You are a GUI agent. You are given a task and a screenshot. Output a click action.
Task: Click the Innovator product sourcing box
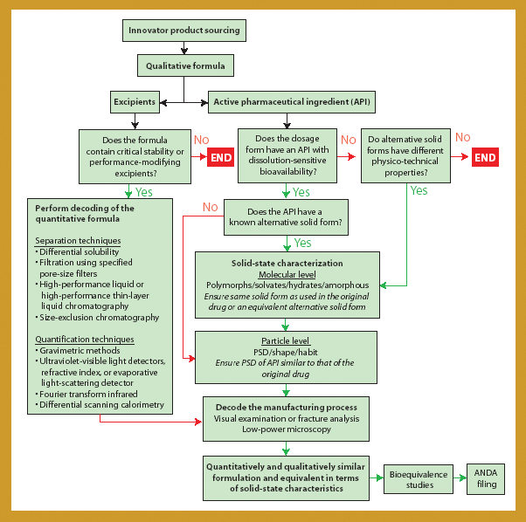pos(183,30)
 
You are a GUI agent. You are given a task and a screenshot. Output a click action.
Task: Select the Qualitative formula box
pos(185,65)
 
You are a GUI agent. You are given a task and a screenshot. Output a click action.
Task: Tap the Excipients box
pos(135,102)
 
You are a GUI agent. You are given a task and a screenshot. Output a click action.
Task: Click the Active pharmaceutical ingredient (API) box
pos(291,102)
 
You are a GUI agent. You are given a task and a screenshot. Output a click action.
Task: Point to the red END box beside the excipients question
pos(220,157)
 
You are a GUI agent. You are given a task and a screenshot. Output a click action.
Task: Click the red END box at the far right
pos(484,157)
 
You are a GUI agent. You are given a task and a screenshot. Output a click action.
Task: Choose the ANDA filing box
pos(485,479)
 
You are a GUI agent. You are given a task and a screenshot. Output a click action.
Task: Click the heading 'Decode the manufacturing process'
pos(287,407)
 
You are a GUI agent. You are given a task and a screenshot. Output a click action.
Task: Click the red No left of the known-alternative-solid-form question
pos(211,207)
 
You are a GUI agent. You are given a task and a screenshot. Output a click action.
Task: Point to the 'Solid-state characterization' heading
pos(287,263)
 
